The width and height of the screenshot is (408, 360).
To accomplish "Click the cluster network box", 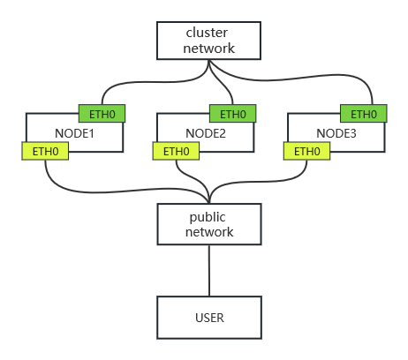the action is [x=208, y=41].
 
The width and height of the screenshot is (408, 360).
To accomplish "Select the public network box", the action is [x=209, y=224].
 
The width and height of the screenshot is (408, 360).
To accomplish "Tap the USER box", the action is [x=209, y=318].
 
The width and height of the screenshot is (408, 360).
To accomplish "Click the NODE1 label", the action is [x=74, y=133].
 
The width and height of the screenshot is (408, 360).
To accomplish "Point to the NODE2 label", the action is [x=206, y=133].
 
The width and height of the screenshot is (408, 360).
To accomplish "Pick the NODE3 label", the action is [x=336, y=133].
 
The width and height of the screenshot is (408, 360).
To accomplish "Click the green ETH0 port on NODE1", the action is [x=102, y=114].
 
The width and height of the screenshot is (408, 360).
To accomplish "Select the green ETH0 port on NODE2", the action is [x=233, y=114].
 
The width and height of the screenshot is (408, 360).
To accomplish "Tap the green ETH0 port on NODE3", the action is [x=364, y=114].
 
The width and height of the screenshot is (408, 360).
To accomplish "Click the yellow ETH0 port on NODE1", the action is [x=45, y=151].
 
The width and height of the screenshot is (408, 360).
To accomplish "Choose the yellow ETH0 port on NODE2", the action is [x=176, y=151].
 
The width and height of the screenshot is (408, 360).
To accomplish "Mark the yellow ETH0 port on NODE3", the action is [x=306, y=151].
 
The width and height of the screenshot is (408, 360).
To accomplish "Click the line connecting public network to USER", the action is [x=209, y=271].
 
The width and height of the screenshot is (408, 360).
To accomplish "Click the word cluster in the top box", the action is [x=207, y=33].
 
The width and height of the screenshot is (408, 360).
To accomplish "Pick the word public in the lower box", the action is [x=208, y=218].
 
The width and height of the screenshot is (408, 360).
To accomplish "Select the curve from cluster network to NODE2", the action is [x=222, y=83].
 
